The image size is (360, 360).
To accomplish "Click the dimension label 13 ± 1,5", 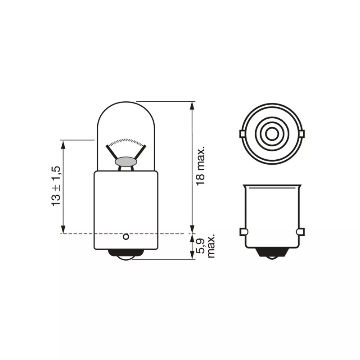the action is (56, 186).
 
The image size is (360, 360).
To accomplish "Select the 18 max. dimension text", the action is (200, 166).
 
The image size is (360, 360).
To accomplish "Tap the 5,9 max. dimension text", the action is (206, 246).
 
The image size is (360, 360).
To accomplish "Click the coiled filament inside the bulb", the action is (126, 142).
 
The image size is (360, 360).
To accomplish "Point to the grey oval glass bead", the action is (126, 162).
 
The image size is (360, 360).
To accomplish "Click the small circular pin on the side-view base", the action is (126, 237).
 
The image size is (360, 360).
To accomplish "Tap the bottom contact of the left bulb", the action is (126, 255).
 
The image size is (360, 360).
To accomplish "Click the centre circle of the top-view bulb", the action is (272, 134).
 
